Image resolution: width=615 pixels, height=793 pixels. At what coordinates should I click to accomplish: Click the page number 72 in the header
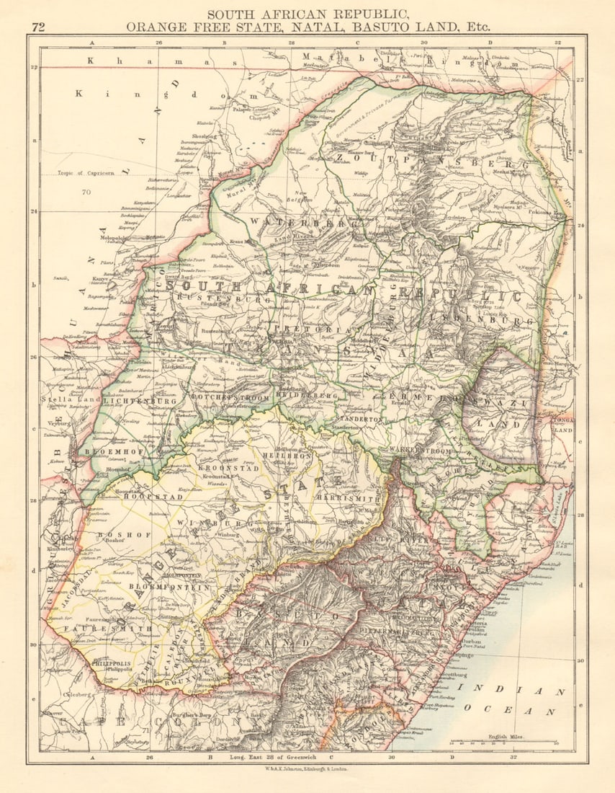coord(39,27)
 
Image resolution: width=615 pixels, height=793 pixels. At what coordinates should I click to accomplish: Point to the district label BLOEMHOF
coord(106,452)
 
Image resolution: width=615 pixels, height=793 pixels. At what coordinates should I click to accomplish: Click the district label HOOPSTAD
coord(138,497)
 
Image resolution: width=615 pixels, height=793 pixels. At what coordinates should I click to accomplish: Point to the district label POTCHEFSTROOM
coord(230,397)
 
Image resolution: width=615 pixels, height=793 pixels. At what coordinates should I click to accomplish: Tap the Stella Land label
coord(64,399)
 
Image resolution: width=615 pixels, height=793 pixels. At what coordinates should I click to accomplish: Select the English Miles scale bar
coord(504,742)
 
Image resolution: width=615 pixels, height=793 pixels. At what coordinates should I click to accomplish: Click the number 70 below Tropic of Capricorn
coord(86,192)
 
